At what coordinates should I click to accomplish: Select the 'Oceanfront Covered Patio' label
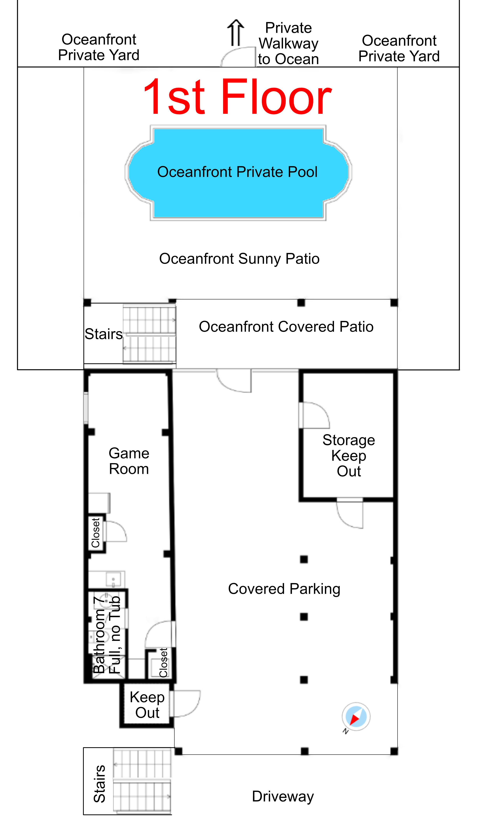click(286, 327)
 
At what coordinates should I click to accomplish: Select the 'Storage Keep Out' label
click(349, 456)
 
